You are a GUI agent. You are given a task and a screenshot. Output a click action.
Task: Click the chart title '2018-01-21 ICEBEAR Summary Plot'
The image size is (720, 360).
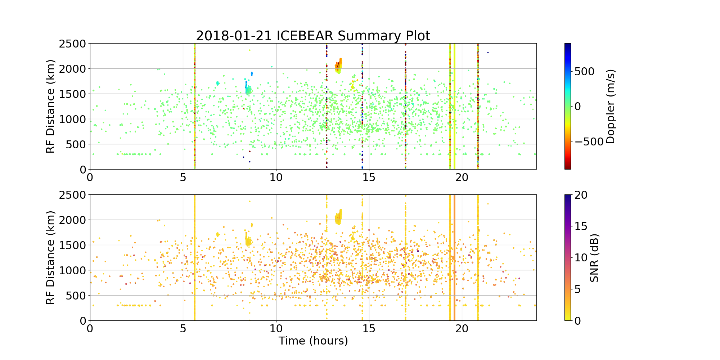click(x=313, y=36)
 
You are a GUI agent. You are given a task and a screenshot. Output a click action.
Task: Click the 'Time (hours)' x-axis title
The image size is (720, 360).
click(x=313, y=341)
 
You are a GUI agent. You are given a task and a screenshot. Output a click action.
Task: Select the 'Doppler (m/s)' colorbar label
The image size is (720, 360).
click(x=611, y=107)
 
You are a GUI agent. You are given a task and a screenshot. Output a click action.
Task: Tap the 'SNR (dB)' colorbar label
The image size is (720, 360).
click(x=594, y=258)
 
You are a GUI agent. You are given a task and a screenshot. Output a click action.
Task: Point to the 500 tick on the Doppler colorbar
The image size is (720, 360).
click(x=584, y=72)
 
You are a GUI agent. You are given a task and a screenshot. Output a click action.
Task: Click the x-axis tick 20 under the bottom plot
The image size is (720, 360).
click(x=462, y=329)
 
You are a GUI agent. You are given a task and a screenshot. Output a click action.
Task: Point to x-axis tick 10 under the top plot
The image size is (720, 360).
click(x=276, y=177)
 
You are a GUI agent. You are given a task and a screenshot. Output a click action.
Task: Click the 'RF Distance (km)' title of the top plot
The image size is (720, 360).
click(x=51, y=107)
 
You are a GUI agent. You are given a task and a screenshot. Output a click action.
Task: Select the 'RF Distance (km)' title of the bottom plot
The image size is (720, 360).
click(x=51, y=258)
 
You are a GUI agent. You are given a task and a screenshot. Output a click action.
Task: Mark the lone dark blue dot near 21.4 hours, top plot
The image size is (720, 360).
click(x=488, y=53)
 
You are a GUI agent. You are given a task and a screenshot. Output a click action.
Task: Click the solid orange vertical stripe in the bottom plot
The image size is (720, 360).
click(x=454, y=258)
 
